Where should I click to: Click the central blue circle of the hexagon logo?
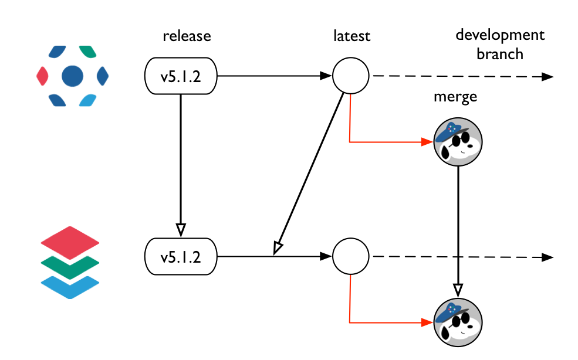(72, 76)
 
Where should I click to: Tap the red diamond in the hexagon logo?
(42, 76)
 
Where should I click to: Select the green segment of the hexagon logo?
(87, 52)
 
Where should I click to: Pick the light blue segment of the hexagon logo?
(87, 100)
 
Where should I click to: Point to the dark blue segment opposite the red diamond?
(103, 76)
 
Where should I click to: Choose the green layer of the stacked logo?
(70, 267)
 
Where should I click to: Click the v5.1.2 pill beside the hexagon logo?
(181, 76)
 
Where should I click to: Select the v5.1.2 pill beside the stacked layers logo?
(181, 257)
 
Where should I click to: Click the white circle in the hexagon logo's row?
(350, 76)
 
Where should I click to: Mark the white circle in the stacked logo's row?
(350, 257)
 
